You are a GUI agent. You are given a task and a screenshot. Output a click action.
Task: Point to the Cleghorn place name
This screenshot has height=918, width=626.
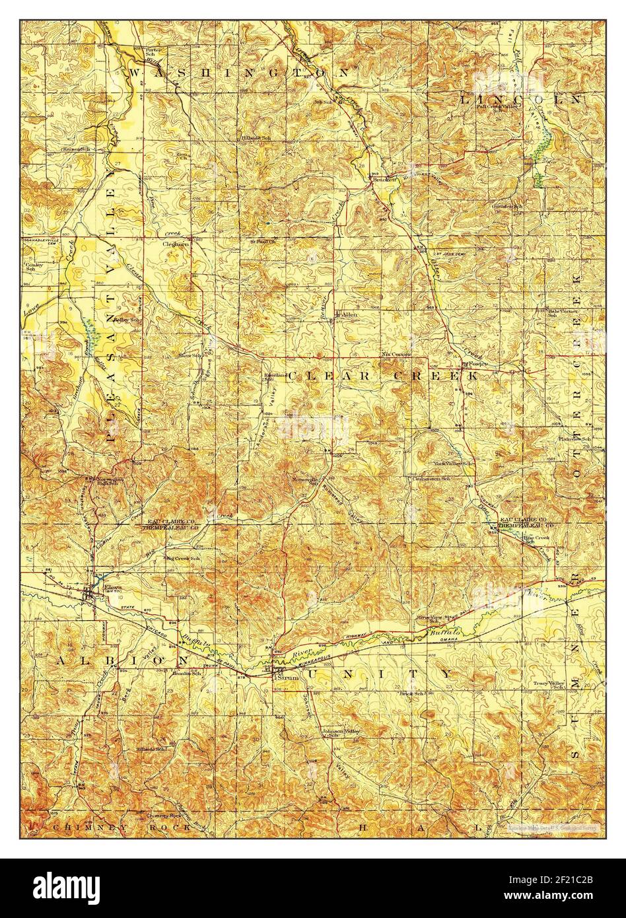(x=176, y=243)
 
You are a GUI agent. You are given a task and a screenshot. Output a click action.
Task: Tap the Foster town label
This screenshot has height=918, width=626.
(x=477, y=364)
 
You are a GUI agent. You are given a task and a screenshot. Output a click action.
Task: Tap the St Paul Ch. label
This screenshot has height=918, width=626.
(x=261, y=242)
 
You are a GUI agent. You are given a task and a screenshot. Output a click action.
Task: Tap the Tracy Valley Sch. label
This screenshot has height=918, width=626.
(x=551, y=686)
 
